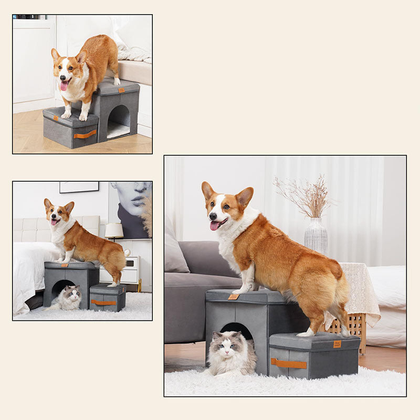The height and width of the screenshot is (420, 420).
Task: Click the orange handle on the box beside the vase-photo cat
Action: (x=289, y=363)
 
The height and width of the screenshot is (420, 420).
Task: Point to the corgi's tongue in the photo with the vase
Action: (x=215, y=225)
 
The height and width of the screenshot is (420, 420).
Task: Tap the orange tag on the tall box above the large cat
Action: (x=233, y=297)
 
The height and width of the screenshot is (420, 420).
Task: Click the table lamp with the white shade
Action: (x=114, y=230)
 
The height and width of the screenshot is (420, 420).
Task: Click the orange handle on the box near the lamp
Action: (x=103, y=302)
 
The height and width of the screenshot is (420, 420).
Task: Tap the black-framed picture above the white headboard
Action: (x=79, y=187)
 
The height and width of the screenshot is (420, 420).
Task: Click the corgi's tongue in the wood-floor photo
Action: (x=64, y=86)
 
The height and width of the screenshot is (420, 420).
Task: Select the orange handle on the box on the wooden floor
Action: (x=85, y=134)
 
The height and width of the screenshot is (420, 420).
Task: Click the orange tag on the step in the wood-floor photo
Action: (x=121, y=90)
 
